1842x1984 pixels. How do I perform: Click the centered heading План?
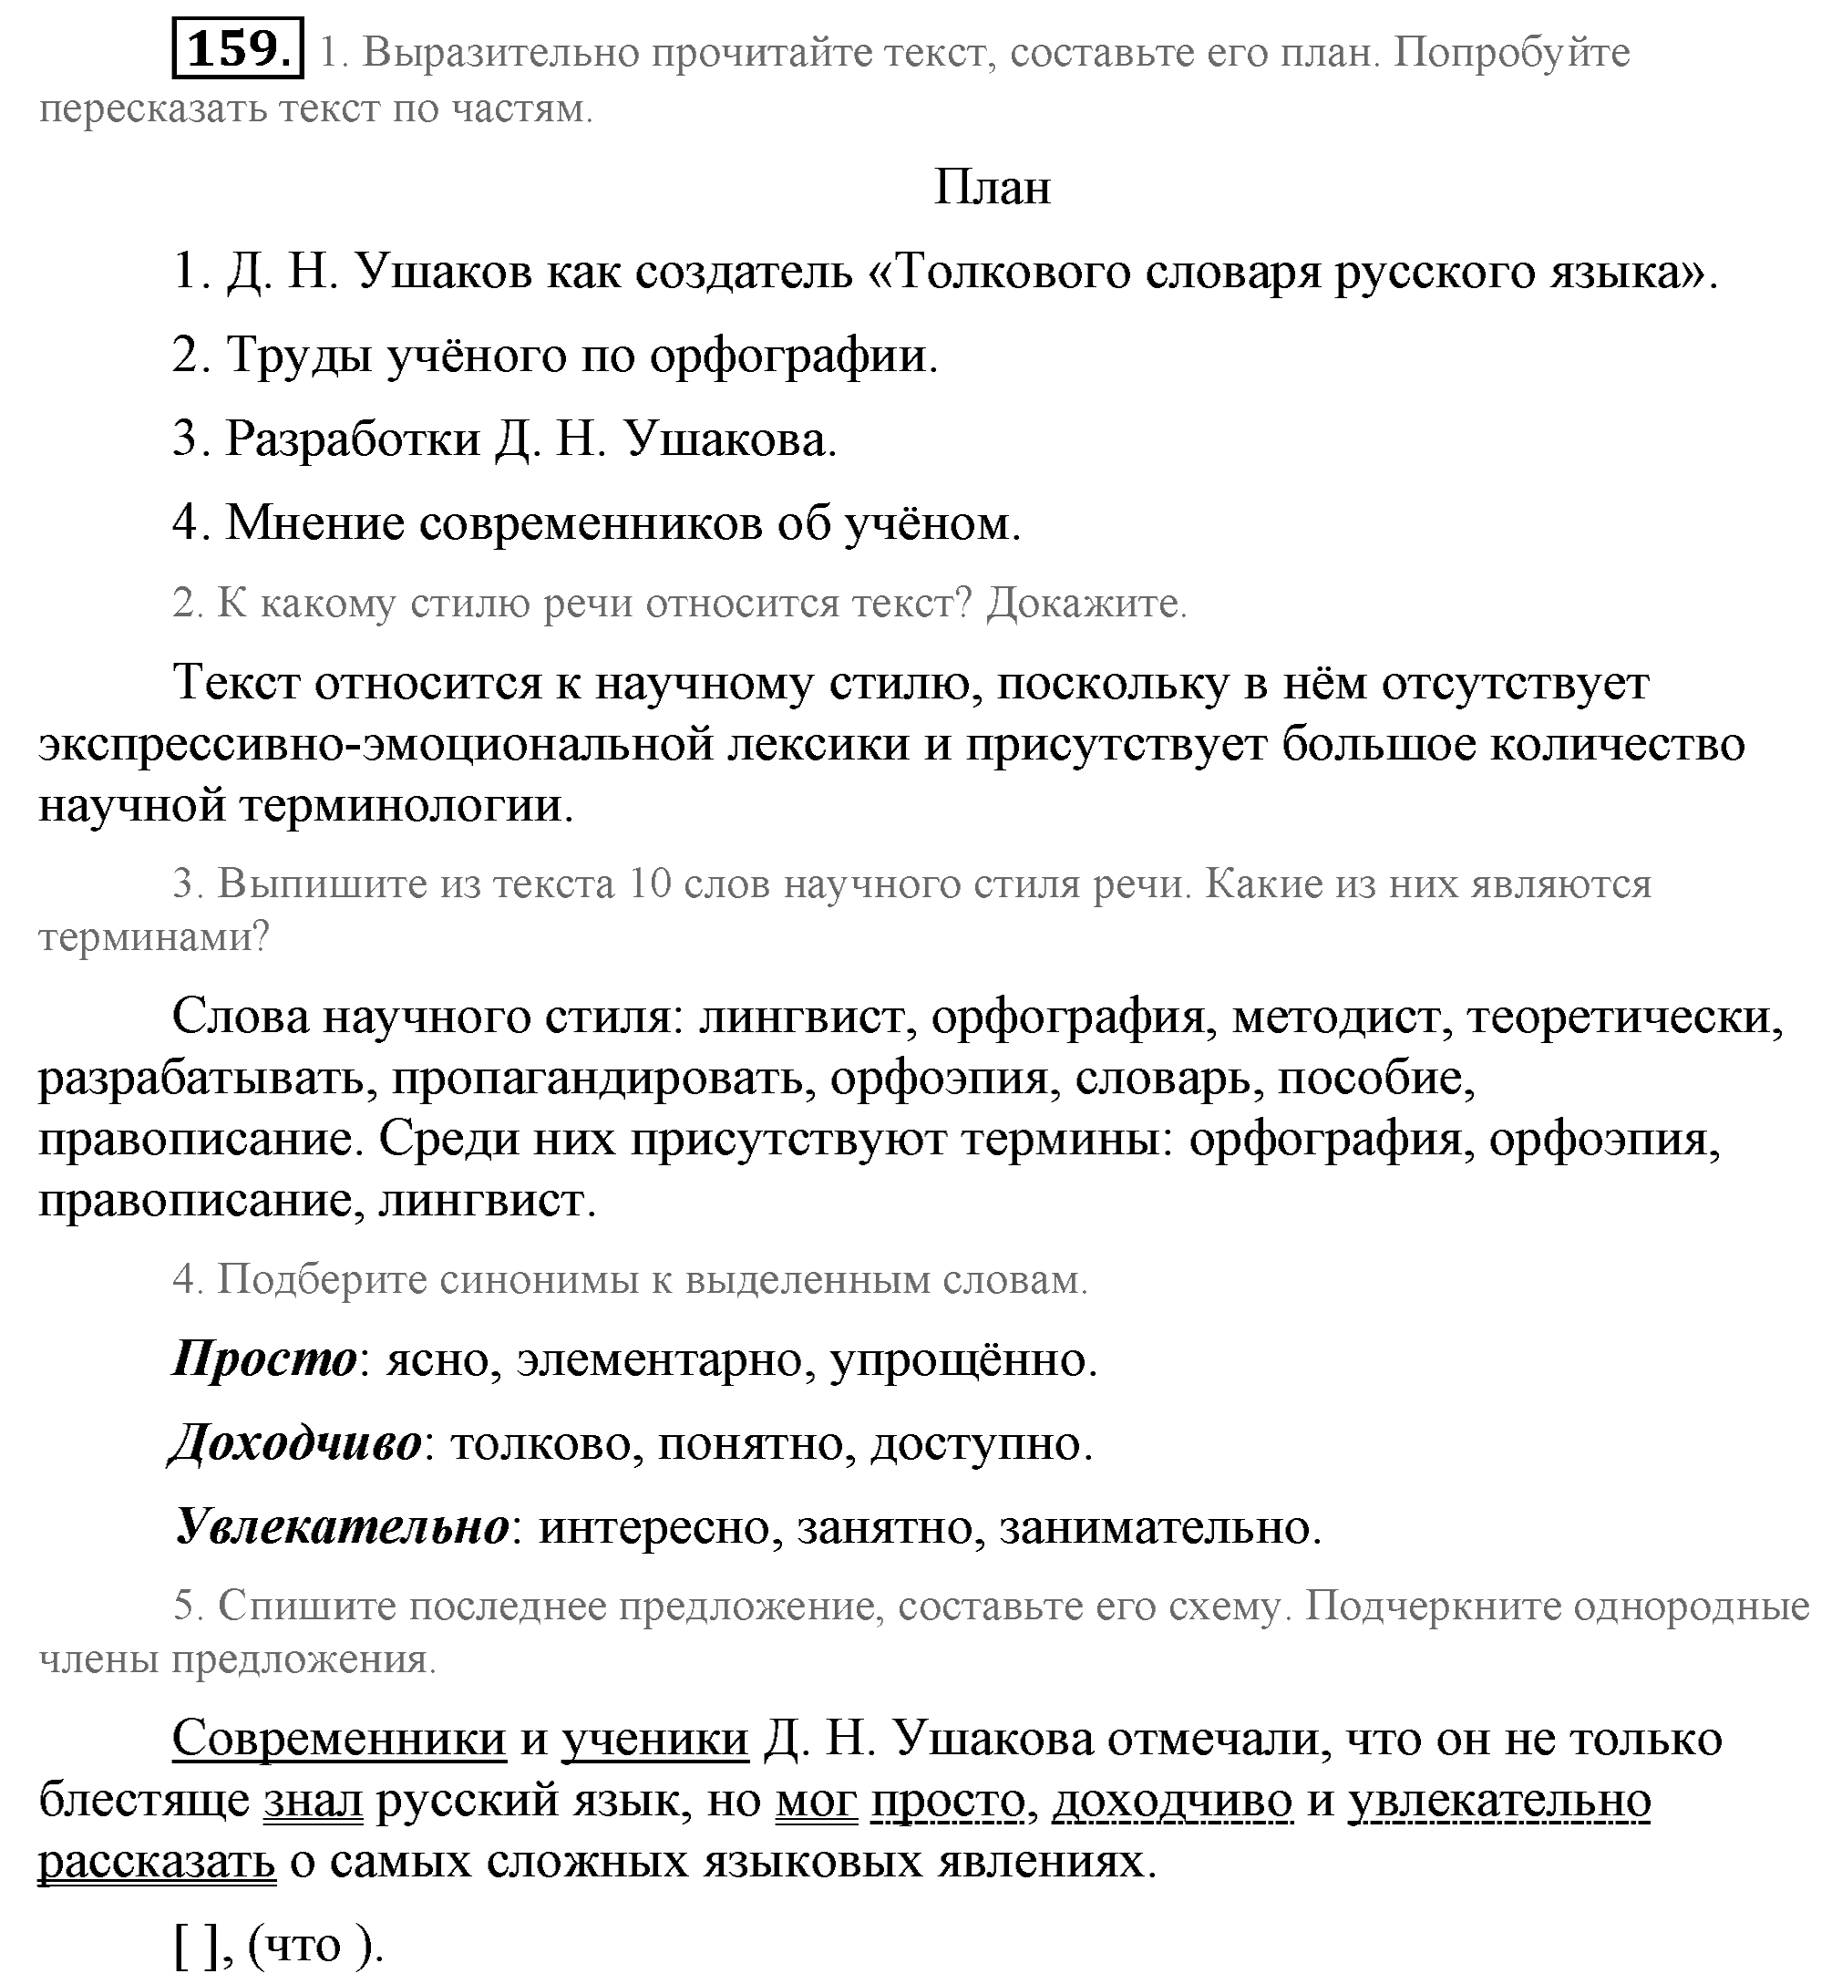click(x=992, y=188)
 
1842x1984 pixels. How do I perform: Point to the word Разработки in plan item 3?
click(x=353, y=439)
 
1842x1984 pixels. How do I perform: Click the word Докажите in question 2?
click(x=1086, y=604)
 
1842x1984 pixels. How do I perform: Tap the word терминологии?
click(x=406, y=804)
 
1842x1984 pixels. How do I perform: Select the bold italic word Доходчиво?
click(x=296, y=1442)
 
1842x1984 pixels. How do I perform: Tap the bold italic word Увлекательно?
click(x=342, y=1526)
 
